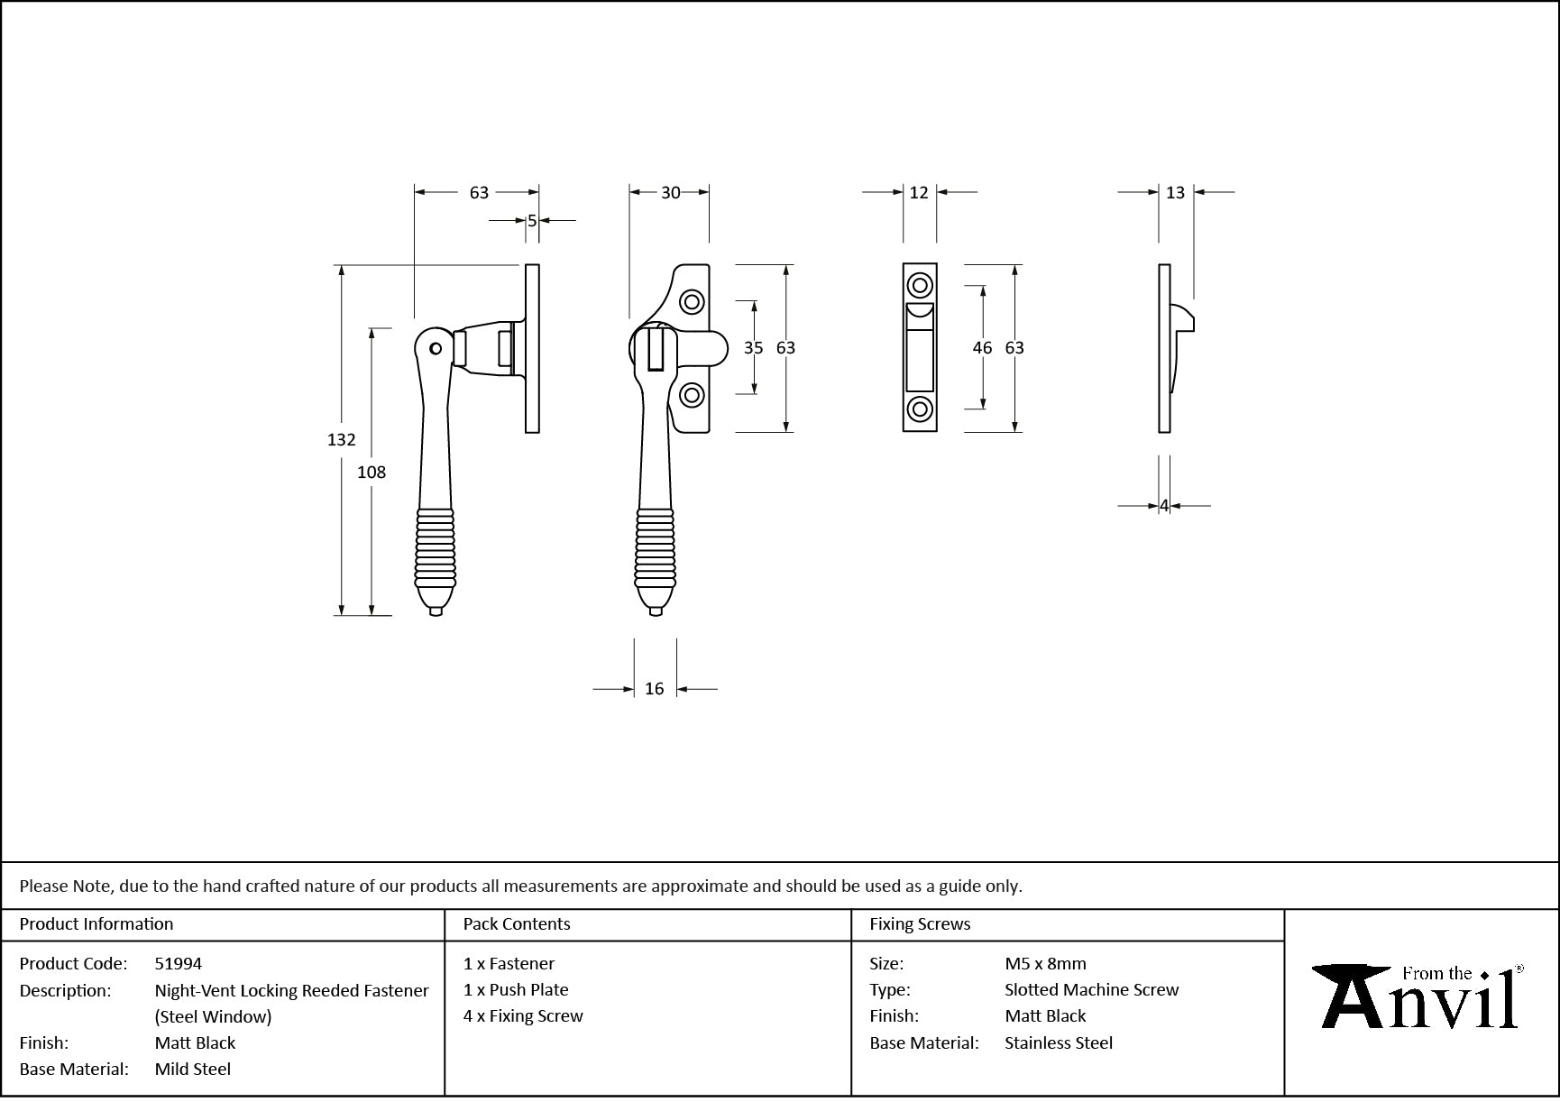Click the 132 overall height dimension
click(x=341, y=439)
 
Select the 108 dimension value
click(x=371, y=472)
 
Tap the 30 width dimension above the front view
click(x=670, y=192)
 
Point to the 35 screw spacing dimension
click(x=753, y=348)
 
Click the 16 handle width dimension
click(x=654, y=689)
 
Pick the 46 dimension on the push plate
click(x=982, y=348)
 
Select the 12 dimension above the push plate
click(x=918, y=192)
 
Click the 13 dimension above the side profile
click(x=1175, y=192)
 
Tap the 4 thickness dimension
click(x=1164, y=506)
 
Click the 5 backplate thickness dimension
click(x=532, y=220)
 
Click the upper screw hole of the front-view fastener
click(x=692, y=301)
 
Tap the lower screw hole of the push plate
click(x=920, y=409)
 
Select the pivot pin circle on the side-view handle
click(x=436, y=348)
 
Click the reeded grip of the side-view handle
click(x=436, y=546)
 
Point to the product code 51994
click(x=179, y=963)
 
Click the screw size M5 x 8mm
click(x=1045, y=963)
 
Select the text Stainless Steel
click(x=1058, y=1042)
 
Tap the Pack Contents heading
click(x=517, y=923)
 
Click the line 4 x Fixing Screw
click(x=523, y=1015)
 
